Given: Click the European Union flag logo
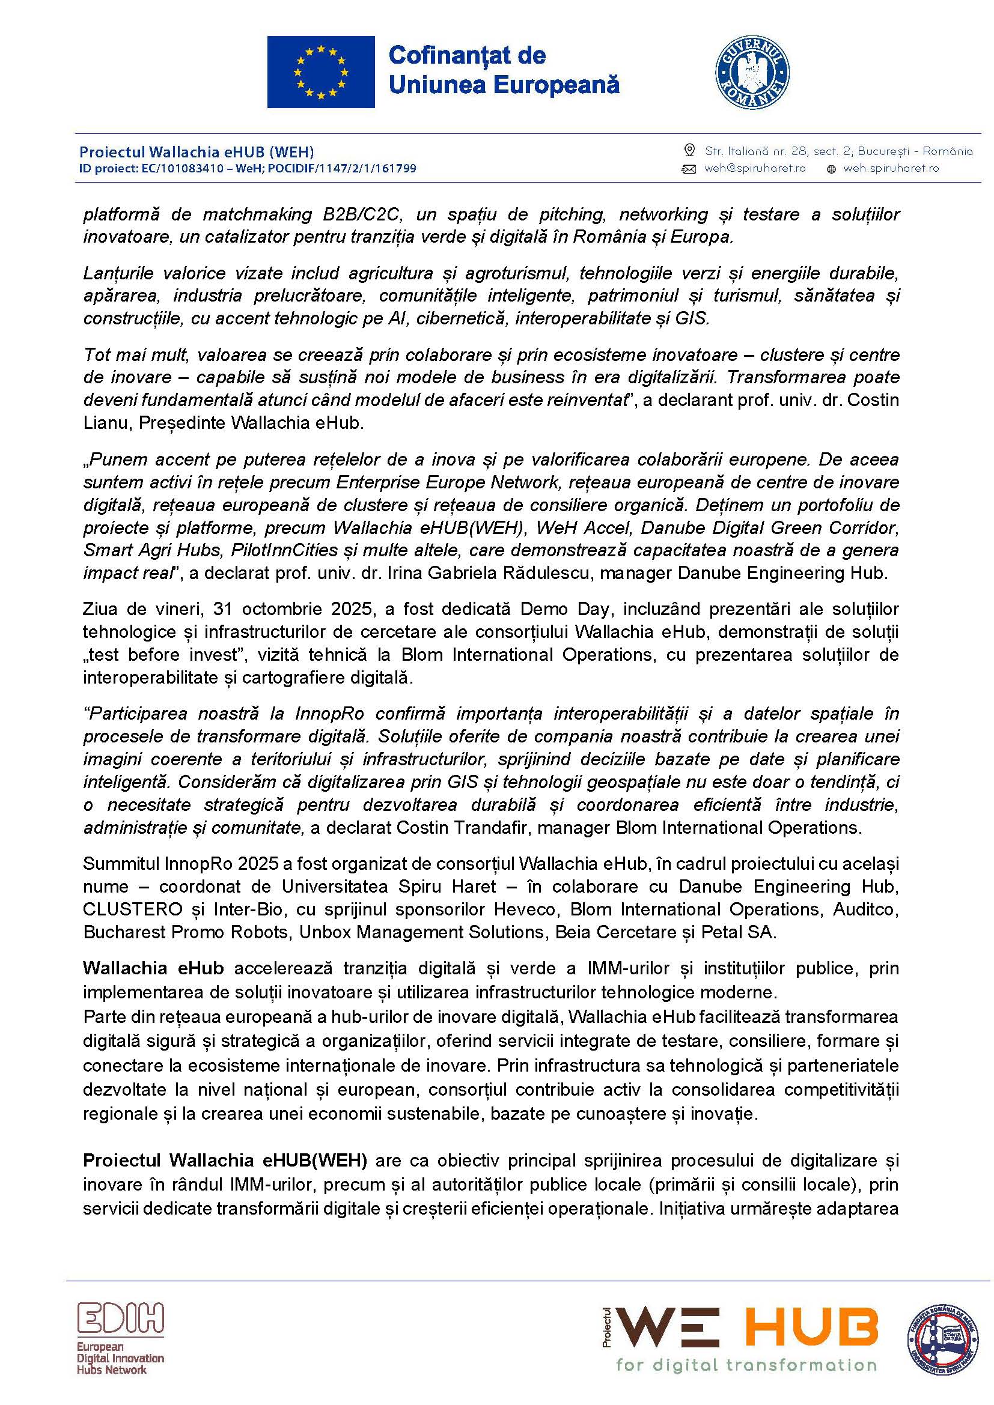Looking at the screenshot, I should click(321, 71).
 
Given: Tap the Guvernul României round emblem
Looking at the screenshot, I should click(752, 72).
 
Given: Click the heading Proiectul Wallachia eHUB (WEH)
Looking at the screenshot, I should click(197, 152).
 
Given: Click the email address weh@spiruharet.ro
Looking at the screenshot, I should click(755, 168).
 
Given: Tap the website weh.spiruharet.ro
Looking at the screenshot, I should click(891, 168).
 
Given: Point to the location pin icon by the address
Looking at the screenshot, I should click(689, 151).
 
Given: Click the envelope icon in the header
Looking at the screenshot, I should click(689, 169).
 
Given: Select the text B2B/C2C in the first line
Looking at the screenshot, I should click(362, 214).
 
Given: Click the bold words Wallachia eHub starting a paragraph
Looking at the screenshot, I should click(153, 968).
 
